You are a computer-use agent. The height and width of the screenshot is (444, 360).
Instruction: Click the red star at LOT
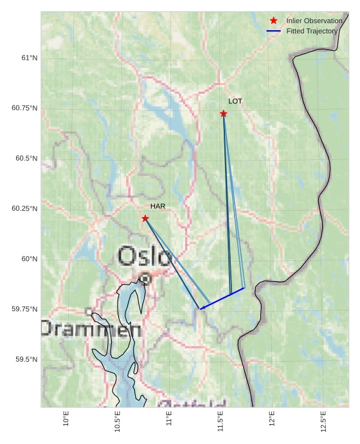tap(224, 114)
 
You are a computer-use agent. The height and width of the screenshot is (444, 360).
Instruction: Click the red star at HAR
tap(145, 218)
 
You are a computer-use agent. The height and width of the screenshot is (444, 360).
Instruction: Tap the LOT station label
tap(235, 102)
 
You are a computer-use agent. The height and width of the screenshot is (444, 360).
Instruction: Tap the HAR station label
tap(158, 206)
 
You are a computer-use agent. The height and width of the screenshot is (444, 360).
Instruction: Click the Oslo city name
tap(145, 256)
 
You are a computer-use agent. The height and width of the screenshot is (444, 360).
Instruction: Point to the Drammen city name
tap(91, 329)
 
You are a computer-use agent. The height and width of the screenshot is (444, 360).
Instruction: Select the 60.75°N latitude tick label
tap(24, 108)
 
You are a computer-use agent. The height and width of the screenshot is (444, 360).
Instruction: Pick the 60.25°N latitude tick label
tap(24, 209)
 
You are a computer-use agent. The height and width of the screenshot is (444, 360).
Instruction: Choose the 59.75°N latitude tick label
tap(24, 309)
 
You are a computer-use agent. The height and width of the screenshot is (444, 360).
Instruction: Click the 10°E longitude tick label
tap(66, 418)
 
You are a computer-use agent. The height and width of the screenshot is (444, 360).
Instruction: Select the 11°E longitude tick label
tap(169, 418)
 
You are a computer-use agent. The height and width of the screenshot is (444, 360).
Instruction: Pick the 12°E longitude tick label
tap(272, 418)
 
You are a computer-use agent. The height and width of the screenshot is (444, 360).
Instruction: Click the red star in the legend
tap(274, 21)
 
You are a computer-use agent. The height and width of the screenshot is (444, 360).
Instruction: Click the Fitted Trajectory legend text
tap(312, 31)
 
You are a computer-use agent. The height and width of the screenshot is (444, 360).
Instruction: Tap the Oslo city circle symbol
tap(145, 279)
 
